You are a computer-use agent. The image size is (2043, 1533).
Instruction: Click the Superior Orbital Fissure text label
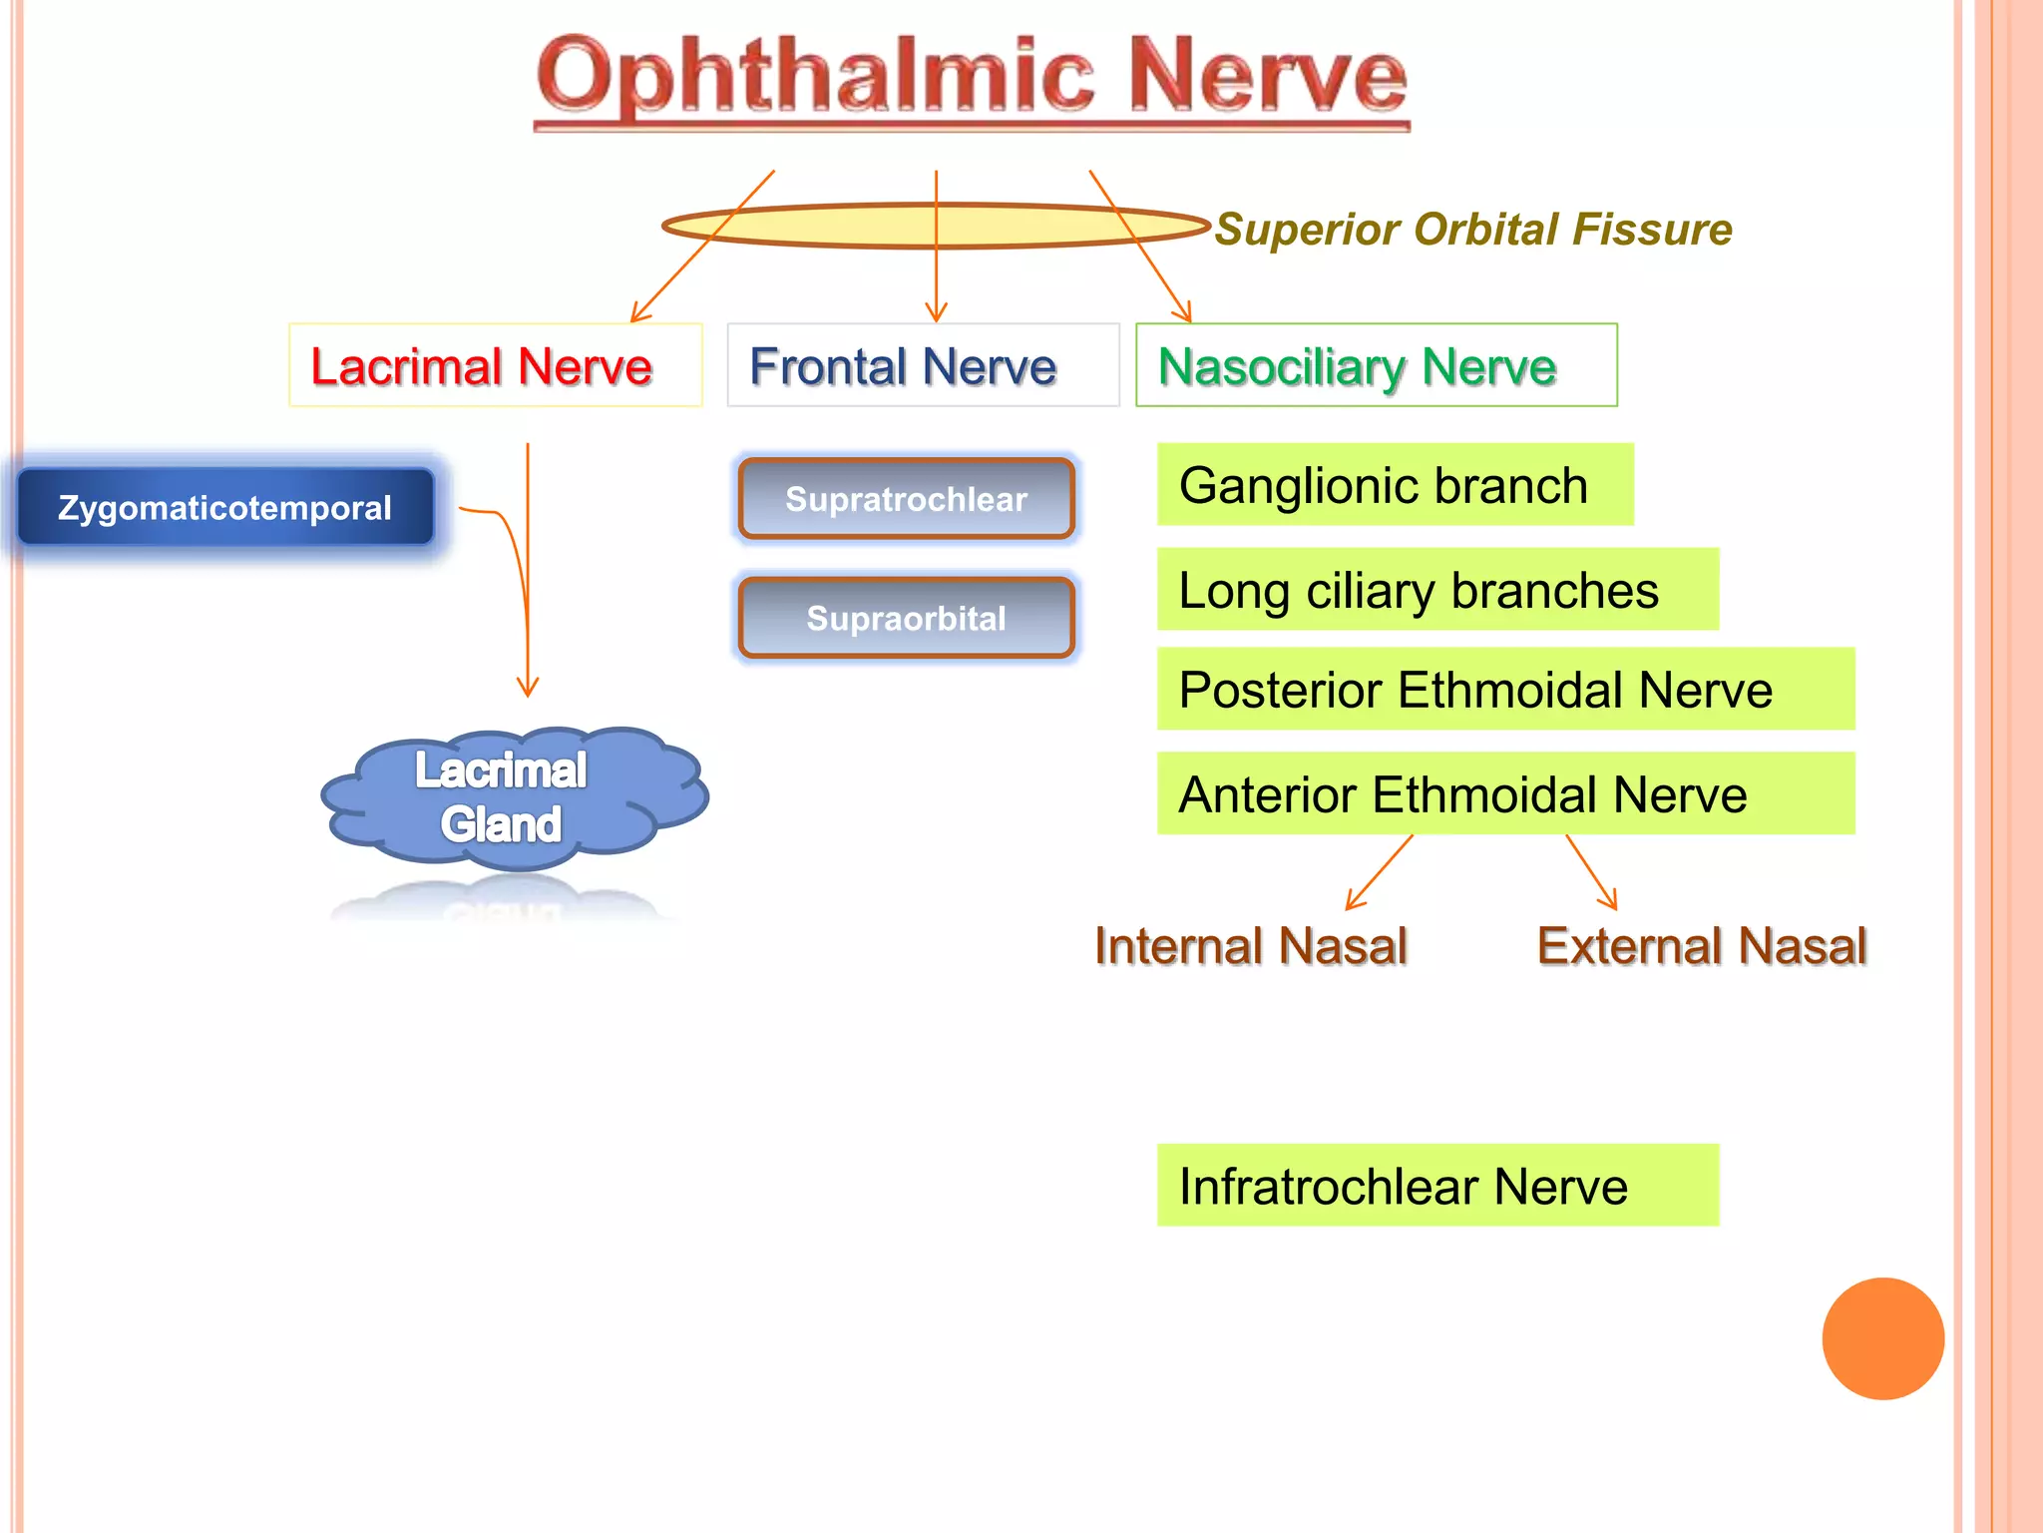tap(1473, 230)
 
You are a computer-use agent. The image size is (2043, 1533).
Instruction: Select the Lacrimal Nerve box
tap(495, 365)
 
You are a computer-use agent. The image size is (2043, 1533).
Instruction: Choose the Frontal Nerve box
tap(923, 365)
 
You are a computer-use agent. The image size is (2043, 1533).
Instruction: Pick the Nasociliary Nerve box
tap(1376, 365)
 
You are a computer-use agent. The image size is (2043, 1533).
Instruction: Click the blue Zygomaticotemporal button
tap(225, 508)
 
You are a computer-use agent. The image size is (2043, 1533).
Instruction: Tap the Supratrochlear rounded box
tap(906, 499)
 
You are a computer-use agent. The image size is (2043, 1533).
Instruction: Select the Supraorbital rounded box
tap(906, 619)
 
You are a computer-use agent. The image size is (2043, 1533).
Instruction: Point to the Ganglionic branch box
tap(1395, 485)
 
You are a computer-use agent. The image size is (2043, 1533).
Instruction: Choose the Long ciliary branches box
tap(1436, 590)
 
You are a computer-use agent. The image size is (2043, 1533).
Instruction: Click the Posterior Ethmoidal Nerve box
tap(1504, 690)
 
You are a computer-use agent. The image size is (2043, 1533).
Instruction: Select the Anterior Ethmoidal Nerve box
tap(1504, 794)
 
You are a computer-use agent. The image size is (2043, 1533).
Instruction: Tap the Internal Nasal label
tap(1250, 946)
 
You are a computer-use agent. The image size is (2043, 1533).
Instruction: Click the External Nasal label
tap(1701, 946)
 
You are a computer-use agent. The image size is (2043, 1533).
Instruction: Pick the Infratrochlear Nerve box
tap(1436, 1186)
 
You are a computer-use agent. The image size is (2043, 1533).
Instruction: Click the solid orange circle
tap(1882, 1338)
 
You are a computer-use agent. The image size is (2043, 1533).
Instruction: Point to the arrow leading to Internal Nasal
tap(1379, 872)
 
